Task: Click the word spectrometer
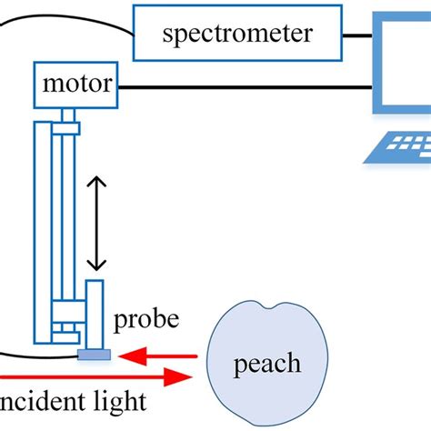237,34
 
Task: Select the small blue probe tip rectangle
95,354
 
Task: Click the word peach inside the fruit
267,364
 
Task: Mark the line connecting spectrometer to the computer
357,35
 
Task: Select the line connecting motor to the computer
246,87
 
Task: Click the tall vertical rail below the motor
43,227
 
